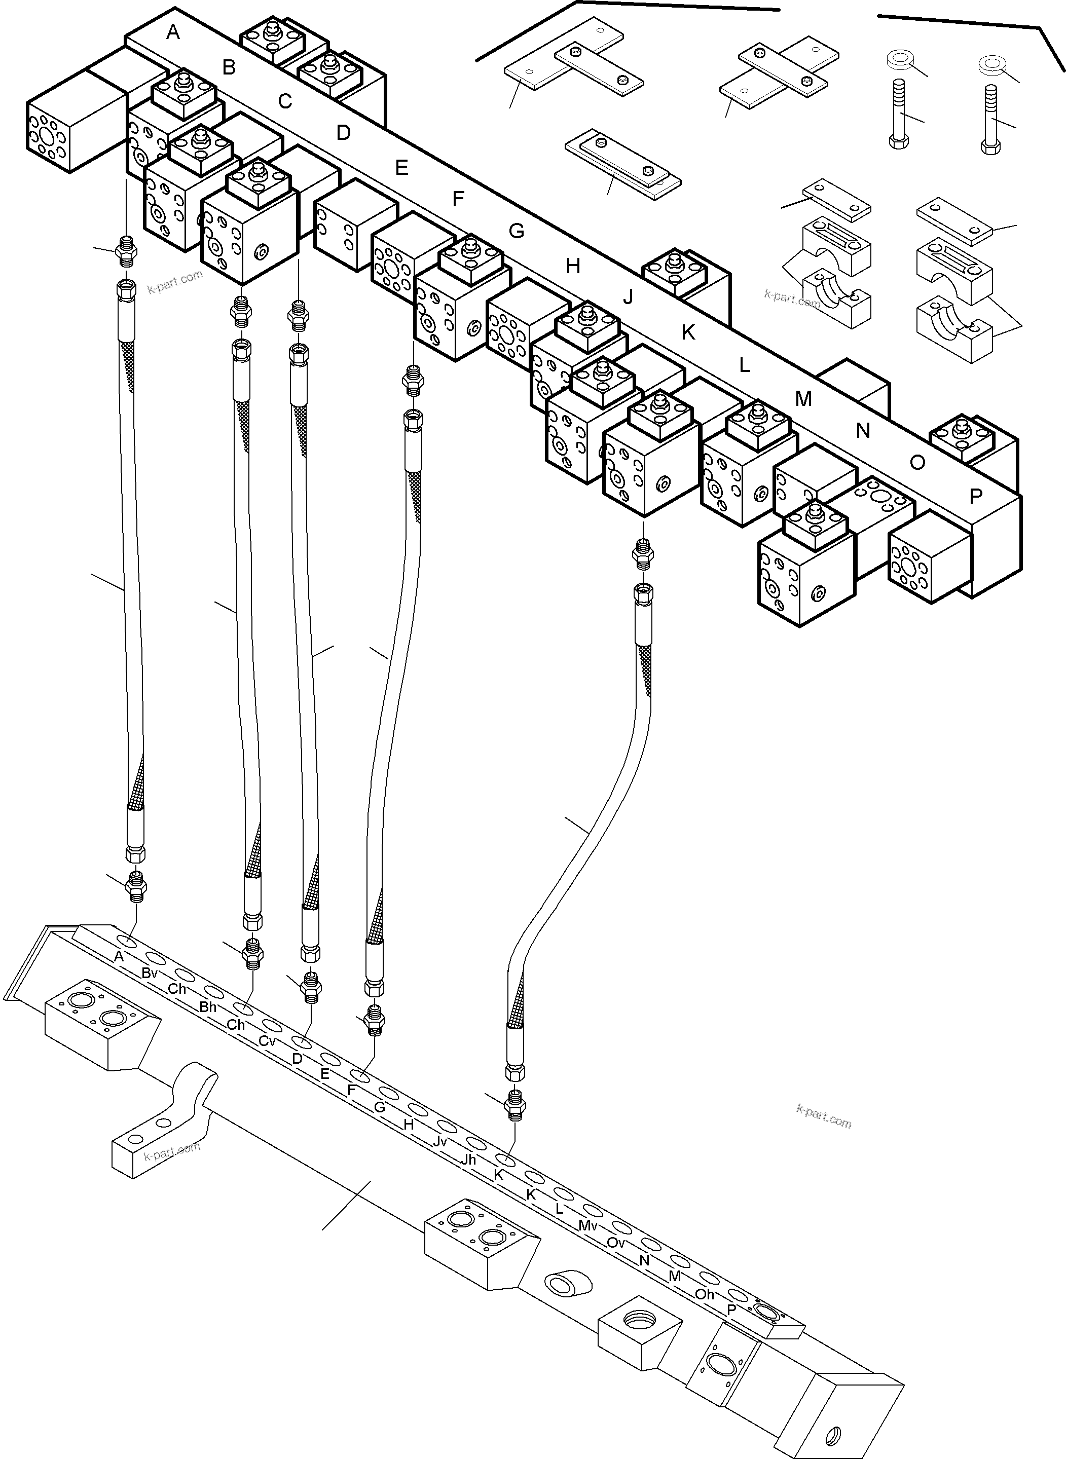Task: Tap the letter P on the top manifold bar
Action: click(x=976, y=496)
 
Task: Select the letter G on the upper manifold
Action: click(x=516, y=231)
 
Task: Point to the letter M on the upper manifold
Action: click(x=803, y=399)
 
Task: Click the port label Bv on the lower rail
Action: click(x=150, y=974)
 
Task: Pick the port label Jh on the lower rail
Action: click(x=468, y=1159)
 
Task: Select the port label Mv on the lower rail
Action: click(x=587, y=1226)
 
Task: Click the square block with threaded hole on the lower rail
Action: click(x=640, y=1333)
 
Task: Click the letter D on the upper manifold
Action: click(x=343, y=133)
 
